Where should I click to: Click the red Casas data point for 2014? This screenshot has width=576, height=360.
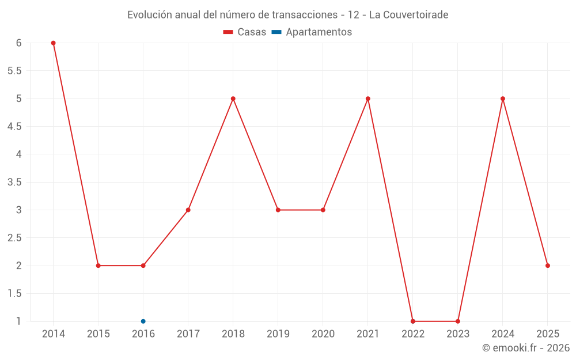click(53, 43)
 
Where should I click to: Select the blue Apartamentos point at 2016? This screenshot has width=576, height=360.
click(143, 321)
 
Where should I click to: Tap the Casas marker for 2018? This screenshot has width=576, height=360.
click(233, 98)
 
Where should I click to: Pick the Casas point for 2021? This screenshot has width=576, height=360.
click(368, 98)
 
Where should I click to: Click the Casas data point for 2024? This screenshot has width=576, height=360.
click(503, 98)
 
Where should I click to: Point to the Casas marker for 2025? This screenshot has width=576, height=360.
click(548, 266)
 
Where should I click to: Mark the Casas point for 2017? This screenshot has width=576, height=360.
click(188, 210)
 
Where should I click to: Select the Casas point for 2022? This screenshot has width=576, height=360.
click(413, 321)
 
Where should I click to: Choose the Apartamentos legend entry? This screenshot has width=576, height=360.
click(319, 32)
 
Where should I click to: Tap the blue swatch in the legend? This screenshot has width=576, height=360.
click(276, 32)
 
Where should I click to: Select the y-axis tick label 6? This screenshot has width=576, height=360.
click(19, 43)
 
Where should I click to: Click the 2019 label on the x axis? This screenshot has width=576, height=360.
click(278, 334)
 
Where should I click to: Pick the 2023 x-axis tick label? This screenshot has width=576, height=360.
click(458, 334)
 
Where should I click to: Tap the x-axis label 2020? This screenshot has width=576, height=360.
click(323, 334)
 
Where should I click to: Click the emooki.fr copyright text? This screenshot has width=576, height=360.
click(526, 348)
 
